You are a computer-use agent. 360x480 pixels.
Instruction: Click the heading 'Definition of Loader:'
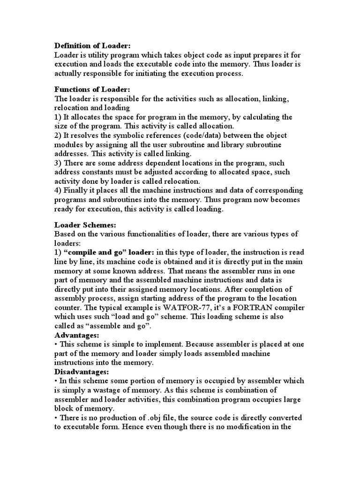(92, 45)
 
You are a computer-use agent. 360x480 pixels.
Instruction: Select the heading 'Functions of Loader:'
(92, 89)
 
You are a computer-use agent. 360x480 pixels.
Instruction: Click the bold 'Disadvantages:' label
(82, 371)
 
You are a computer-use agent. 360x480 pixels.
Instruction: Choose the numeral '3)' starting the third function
(58, 163)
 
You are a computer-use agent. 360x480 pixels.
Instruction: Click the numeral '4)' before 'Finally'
(58, 190)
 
